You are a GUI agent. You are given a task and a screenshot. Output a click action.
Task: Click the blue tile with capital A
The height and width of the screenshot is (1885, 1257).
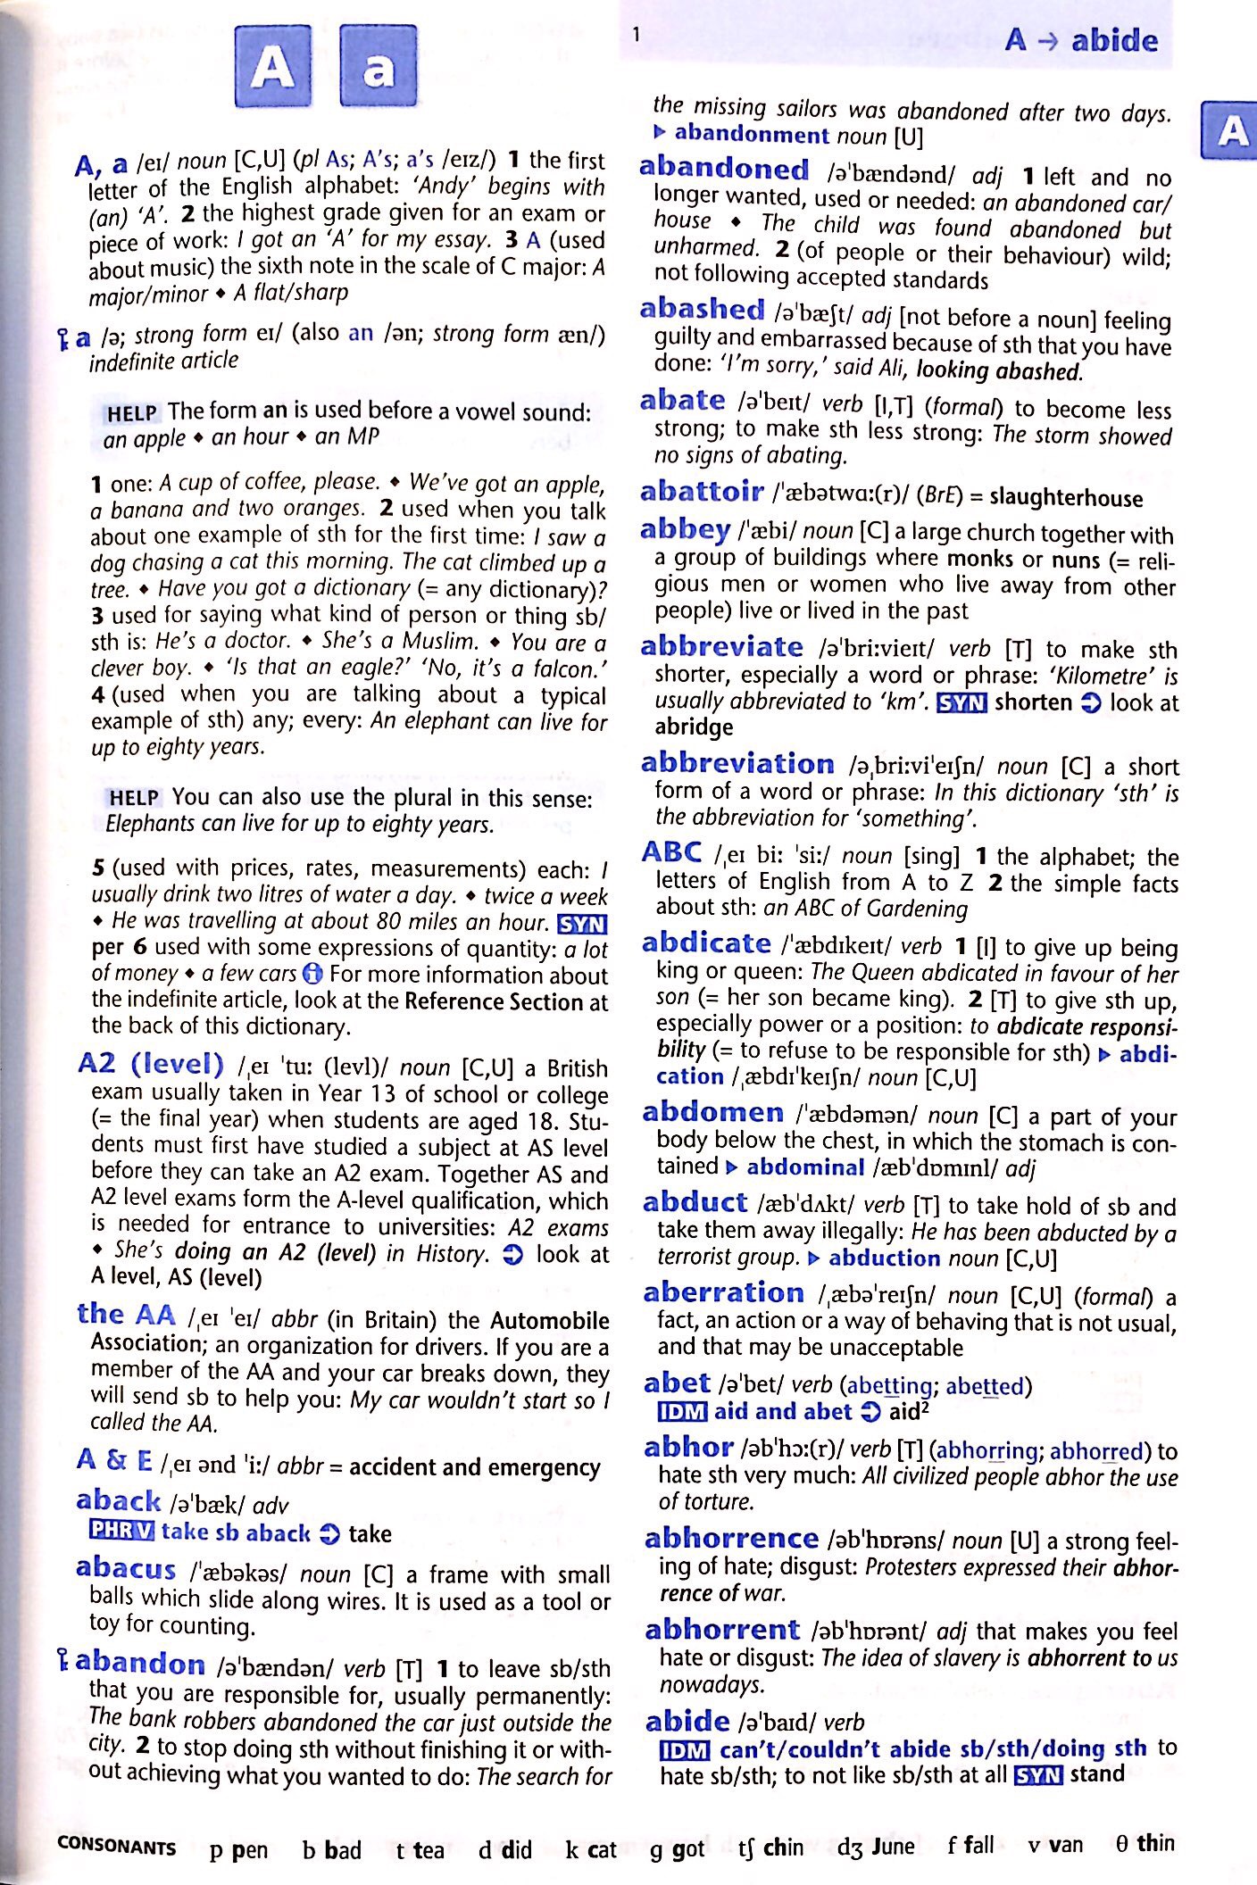(273, 67)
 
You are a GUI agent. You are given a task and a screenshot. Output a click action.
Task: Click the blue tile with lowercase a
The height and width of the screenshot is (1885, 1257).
(379, 67)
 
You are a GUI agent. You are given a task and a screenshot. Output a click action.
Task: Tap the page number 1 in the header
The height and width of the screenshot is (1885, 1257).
(636, 36)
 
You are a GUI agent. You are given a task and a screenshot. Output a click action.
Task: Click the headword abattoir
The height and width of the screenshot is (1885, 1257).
(702, 492)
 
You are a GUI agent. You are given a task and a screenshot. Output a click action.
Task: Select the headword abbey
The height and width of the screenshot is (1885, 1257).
(685, 530)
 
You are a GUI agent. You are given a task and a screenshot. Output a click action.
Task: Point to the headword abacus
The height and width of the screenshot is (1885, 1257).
(126, 1568)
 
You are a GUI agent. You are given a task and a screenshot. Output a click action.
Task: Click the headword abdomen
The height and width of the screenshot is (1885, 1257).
(712, 1112)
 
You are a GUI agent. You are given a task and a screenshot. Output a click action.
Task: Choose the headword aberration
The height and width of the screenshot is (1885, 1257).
(723, 1292)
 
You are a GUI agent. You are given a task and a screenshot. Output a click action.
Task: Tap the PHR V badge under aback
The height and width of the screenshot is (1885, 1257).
(121, 1532)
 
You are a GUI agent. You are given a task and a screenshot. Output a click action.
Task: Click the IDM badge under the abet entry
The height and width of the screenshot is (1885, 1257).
(682, 1412)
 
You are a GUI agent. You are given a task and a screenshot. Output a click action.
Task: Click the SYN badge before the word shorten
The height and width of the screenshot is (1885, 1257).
(961, 703)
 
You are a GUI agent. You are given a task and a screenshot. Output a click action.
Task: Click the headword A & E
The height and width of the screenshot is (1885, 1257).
(114, 1460)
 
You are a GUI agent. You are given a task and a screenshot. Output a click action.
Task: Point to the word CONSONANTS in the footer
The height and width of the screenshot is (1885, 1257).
(116, 1845)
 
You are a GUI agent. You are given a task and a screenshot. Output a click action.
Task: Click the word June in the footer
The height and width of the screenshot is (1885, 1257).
(893, 1845)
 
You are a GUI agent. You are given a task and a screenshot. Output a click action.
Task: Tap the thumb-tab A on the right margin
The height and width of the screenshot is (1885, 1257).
(1232, 131)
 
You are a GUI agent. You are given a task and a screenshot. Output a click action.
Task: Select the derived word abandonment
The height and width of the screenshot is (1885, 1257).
(752, 135)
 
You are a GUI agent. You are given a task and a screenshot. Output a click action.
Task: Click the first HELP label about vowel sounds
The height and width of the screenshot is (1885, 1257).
(132, 413)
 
